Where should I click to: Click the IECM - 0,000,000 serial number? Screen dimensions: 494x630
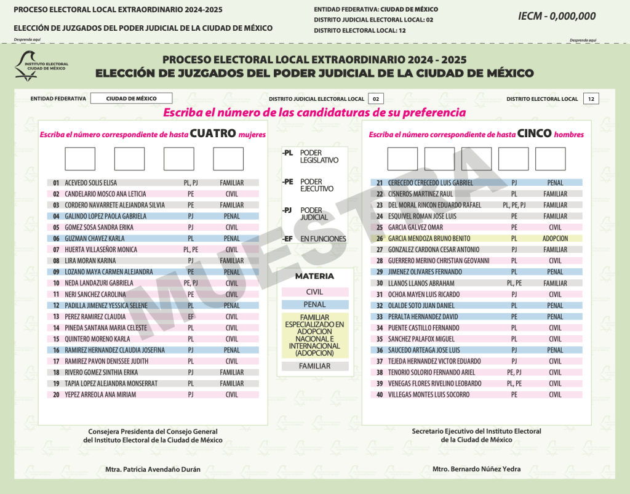[x=557, y=16]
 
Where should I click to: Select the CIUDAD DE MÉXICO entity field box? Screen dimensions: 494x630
[x=131, y=98]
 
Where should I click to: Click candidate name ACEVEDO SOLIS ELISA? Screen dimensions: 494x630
[x=90, y=183]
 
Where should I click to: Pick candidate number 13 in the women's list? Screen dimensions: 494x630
[x=56, y=317]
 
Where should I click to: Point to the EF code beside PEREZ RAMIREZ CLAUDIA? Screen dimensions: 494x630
[x=191, y=317]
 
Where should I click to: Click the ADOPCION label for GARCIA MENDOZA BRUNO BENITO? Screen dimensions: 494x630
[x=555, y=239]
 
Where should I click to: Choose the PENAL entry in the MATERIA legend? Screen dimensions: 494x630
[x=315, y=305]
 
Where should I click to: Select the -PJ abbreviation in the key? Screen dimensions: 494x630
[x=287, y=210]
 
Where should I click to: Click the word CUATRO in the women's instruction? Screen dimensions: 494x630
[x=213, y=133]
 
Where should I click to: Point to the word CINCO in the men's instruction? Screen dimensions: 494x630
[x=534, y=133]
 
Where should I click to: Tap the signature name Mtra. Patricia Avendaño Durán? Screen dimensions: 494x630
[x=153, y=469]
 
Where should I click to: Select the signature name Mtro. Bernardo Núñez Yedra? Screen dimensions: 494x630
[x=477, y=469]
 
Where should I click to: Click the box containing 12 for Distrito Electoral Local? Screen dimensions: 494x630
[x=591, y=98]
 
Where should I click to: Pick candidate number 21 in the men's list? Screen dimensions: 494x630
[x=379, y=183]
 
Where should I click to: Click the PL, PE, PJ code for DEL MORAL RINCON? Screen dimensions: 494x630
[x=514, y=205]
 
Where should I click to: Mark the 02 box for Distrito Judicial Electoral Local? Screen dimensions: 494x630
[x=376, y=98]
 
